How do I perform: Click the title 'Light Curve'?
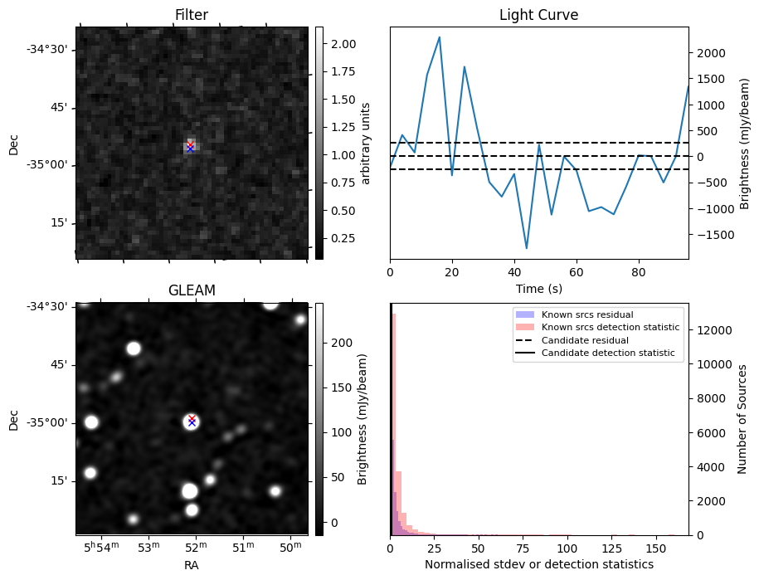click(538, 15)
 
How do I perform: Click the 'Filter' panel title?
click(192, 15)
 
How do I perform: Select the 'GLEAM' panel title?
click(192, 290)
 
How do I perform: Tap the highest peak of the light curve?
click(439, 37)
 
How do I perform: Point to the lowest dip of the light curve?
click(526, 248)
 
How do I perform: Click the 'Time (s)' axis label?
click(538, 288)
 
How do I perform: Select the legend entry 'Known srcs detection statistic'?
click(610, 328)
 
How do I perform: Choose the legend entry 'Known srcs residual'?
click(586, 314)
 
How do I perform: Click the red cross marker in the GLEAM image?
click(192, 418)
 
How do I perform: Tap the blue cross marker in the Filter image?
click(190, 149)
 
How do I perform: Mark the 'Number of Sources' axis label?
click(743, 419)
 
